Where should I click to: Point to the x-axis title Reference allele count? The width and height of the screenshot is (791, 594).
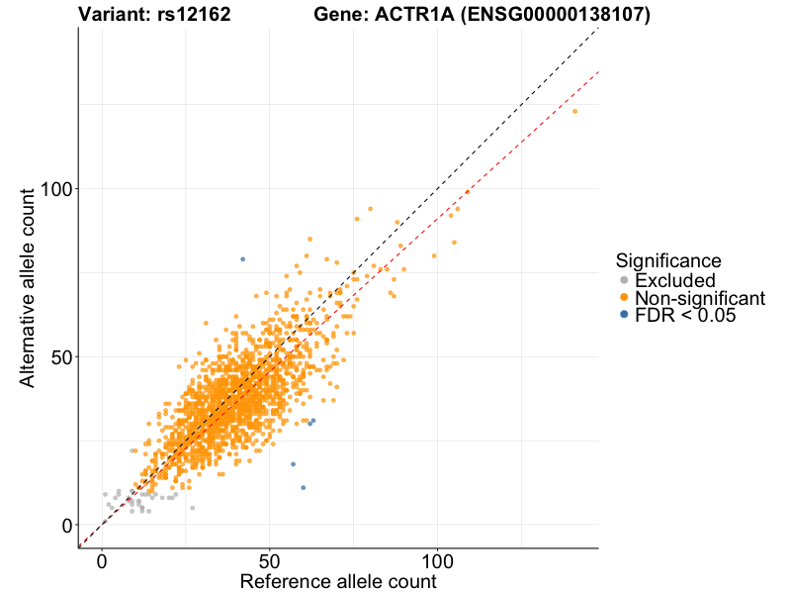337,582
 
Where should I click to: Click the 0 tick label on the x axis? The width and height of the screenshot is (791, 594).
103,559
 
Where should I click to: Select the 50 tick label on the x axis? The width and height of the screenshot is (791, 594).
270,559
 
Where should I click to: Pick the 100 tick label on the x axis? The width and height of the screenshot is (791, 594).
437,559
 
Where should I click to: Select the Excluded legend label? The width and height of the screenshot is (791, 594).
674,280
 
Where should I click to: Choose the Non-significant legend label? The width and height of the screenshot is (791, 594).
700,298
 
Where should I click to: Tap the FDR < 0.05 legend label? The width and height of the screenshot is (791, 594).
686,316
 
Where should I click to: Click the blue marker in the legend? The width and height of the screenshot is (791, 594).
624,316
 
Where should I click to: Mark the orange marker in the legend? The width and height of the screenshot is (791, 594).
624,298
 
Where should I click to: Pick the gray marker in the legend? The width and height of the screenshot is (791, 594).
624,280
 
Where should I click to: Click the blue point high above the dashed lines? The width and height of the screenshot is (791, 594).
242,259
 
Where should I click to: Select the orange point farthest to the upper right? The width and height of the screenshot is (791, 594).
574,111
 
